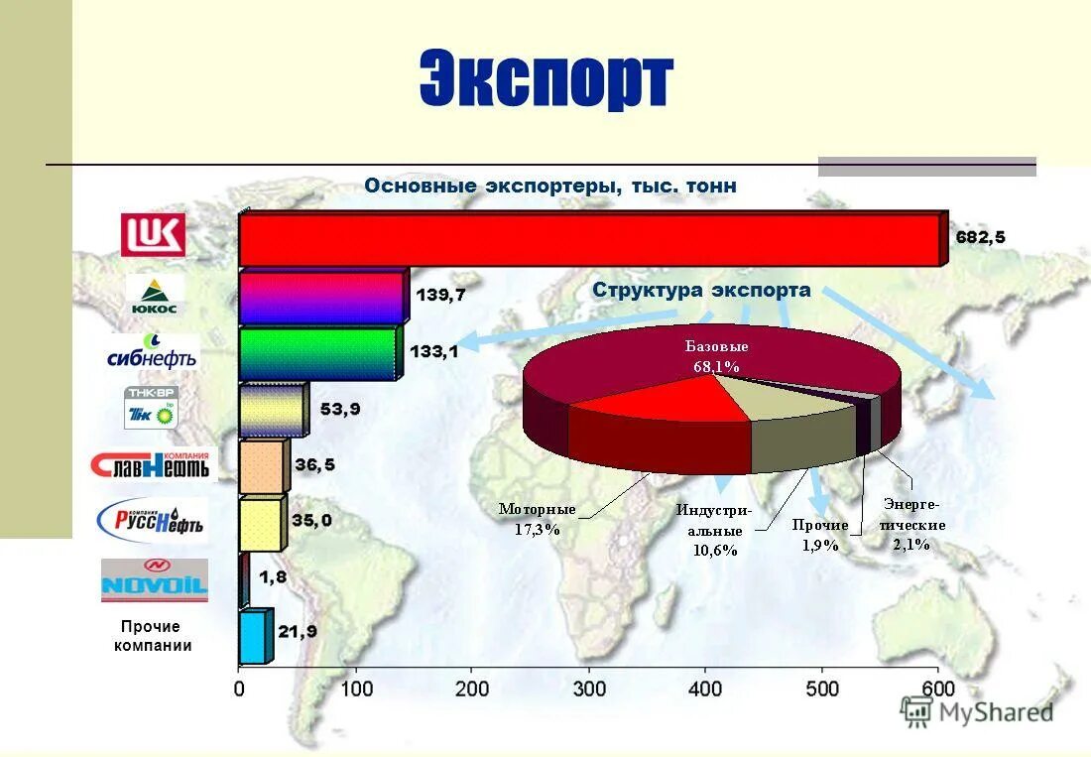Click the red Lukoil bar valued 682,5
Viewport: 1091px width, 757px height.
coord(590,240)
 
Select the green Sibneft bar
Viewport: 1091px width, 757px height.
coord(317,354)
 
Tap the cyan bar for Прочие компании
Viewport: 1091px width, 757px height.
coord(252,637)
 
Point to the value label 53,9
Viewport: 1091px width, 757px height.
coord(339,408)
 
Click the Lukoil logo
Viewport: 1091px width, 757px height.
coord(153,235)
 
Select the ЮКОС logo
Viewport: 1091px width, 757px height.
coord(154,296)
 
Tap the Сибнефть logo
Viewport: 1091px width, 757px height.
coord(152,352)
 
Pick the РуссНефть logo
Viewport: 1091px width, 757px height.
coord(152,519)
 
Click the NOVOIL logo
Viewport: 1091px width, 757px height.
coord(155,580)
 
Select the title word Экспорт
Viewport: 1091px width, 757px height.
coord(545,81)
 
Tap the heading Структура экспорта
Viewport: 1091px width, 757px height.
coord(701,291)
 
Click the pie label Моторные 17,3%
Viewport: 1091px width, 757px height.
coord(537,519)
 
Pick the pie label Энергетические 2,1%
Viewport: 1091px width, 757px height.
coord(911,525)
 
